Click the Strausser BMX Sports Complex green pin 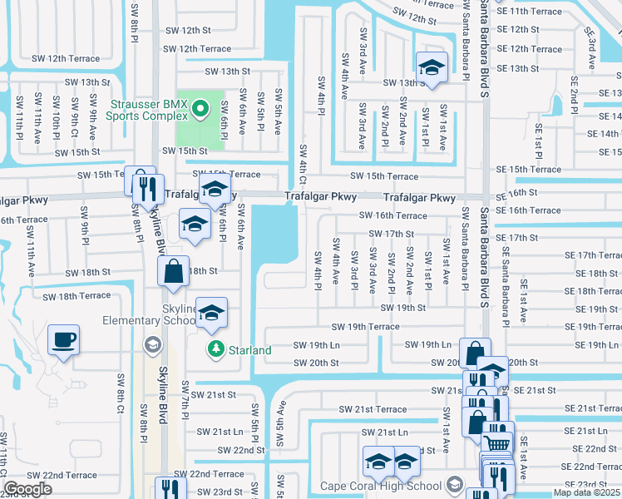[x=200, y=108]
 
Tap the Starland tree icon [x=215, y=349]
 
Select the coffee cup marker [x=63, y=340]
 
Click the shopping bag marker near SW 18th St [x=172, y=271]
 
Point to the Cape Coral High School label [x=380, y=486]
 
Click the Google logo [x=28, y=489]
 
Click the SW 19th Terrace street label [x=366, y=328]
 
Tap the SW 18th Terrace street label [x=77, y=296]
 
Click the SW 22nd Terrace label [x=60, y=475]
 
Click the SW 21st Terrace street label [x=373, y=409]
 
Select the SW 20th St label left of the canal [x=316, y=363]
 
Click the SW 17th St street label [x=388, y=235]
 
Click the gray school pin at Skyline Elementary [x=152, y=343]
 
